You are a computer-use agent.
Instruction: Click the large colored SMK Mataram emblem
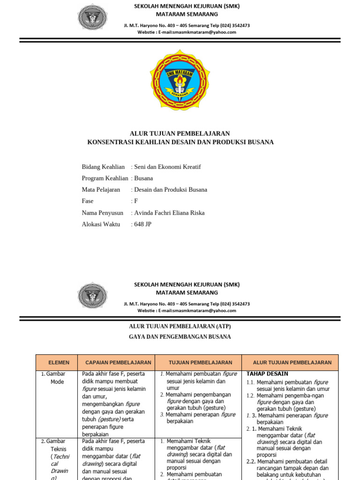click(180, 80)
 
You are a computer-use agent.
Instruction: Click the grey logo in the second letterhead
click(93, 296)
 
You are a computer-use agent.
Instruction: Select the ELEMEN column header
click(59, 363)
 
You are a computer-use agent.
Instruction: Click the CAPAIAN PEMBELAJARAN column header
click(118, 363)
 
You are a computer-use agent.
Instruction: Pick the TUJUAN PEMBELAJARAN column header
click(198, 363)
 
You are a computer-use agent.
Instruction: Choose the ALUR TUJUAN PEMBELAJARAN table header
click(292, 363)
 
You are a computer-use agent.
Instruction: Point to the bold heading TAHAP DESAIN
click(267, 374)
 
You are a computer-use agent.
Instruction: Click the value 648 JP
click(142, 224)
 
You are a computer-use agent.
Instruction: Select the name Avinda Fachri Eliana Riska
click(169, 213)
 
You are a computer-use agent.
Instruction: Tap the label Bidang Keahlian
click(103, 167)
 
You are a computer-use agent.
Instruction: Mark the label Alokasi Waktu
click(101, 224)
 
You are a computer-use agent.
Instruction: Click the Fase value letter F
click(136, 201)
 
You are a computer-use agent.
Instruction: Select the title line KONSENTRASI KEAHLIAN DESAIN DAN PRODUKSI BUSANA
click(180, 142)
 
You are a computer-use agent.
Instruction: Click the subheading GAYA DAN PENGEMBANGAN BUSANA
click(180, 337)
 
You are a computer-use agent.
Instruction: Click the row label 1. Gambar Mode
click(55, 378)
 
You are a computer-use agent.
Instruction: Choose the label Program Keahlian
click(105, 178)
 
